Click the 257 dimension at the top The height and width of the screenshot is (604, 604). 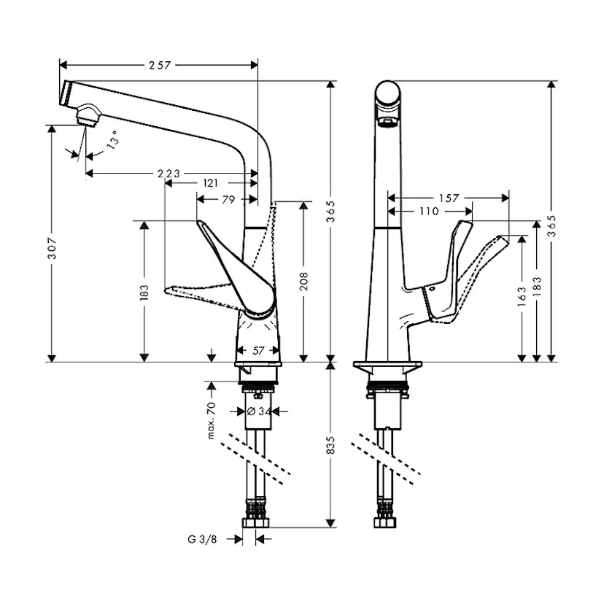pyautogui.click(x=159, y=65)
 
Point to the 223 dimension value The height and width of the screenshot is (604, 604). pyautogui.click(x=169, y=174)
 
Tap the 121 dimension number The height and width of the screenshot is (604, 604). pyautogui.click(x=212, y=183)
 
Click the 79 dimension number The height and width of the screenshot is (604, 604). pyautogui.click(x=228, y=199)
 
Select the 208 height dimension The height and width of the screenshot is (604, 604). pyautogui.click(x=303, y=281)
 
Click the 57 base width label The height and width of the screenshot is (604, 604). pyautogui.click(x=258, y=351)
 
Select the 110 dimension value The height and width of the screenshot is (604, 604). pyautogui.click(x=429, y=212)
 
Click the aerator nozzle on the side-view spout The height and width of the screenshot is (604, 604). pyautogui.click(x=86, y=115)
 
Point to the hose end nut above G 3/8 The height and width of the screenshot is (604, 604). pyautogui.click(x=257, y=522)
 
